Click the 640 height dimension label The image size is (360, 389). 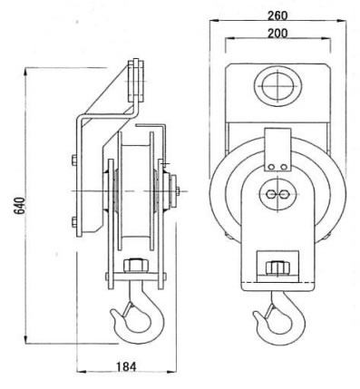tap(20, 205)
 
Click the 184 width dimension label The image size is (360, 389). tap(126, 366)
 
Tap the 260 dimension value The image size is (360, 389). tap(277, 15)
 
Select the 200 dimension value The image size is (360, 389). tap(277, 34)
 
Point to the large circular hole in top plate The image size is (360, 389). tap(277, 86)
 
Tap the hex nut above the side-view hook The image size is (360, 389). tap(136, 266)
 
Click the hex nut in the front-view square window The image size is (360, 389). tap(277, 268)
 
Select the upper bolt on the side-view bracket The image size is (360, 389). tap(74, 160)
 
